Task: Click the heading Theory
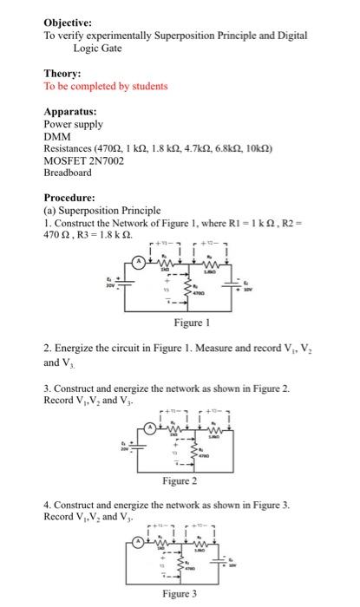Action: click(62, 74)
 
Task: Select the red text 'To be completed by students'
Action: click(106, 86)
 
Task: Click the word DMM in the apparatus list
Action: click(57, 136)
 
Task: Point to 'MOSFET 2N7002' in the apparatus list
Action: click(85, 160)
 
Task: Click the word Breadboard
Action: click(68, 173)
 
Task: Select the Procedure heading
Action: click(71, 198)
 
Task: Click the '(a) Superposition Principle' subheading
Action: click(101, 211)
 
